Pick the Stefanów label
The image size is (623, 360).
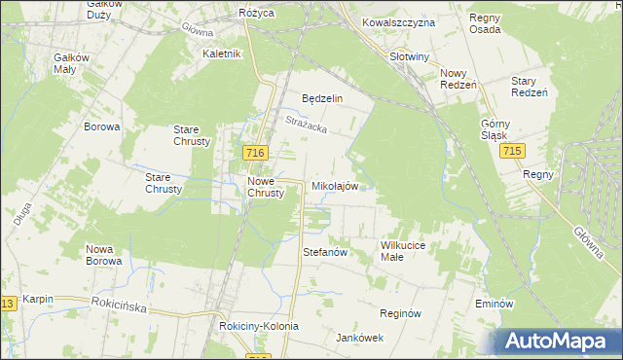click(326, 252)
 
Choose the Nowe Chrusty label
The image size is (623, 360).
click(266, 187)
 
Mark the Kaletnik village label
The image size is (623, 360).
click(221, 54)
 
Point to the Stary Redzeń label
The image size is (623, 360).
click(531, 86)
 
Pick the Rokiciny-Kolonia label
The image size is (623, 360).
click(258, 326)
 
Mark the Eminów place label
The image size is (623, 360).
click(495, 304)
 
